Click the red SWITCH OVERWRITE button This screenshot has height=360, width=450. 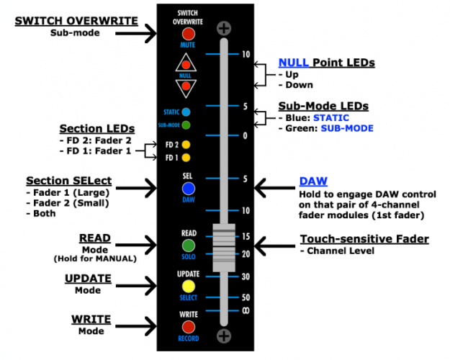[x=188, y=33]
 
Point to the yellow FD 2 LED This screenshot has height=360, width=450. [x=186, y=145]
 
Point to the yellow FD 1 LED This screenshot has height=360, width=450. [x=186, y=157]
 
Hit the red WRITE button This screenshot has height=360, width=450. [x=188, y=327]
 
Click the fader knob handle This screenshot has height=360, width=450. [x=224, y=247]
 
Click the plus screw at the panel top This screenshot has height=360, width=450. [x=224, y=29]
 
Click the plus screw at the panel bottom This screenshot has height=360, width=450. [x=224, y=336]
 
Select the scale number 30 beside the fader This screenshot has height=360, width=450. [x=246, y=276]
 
